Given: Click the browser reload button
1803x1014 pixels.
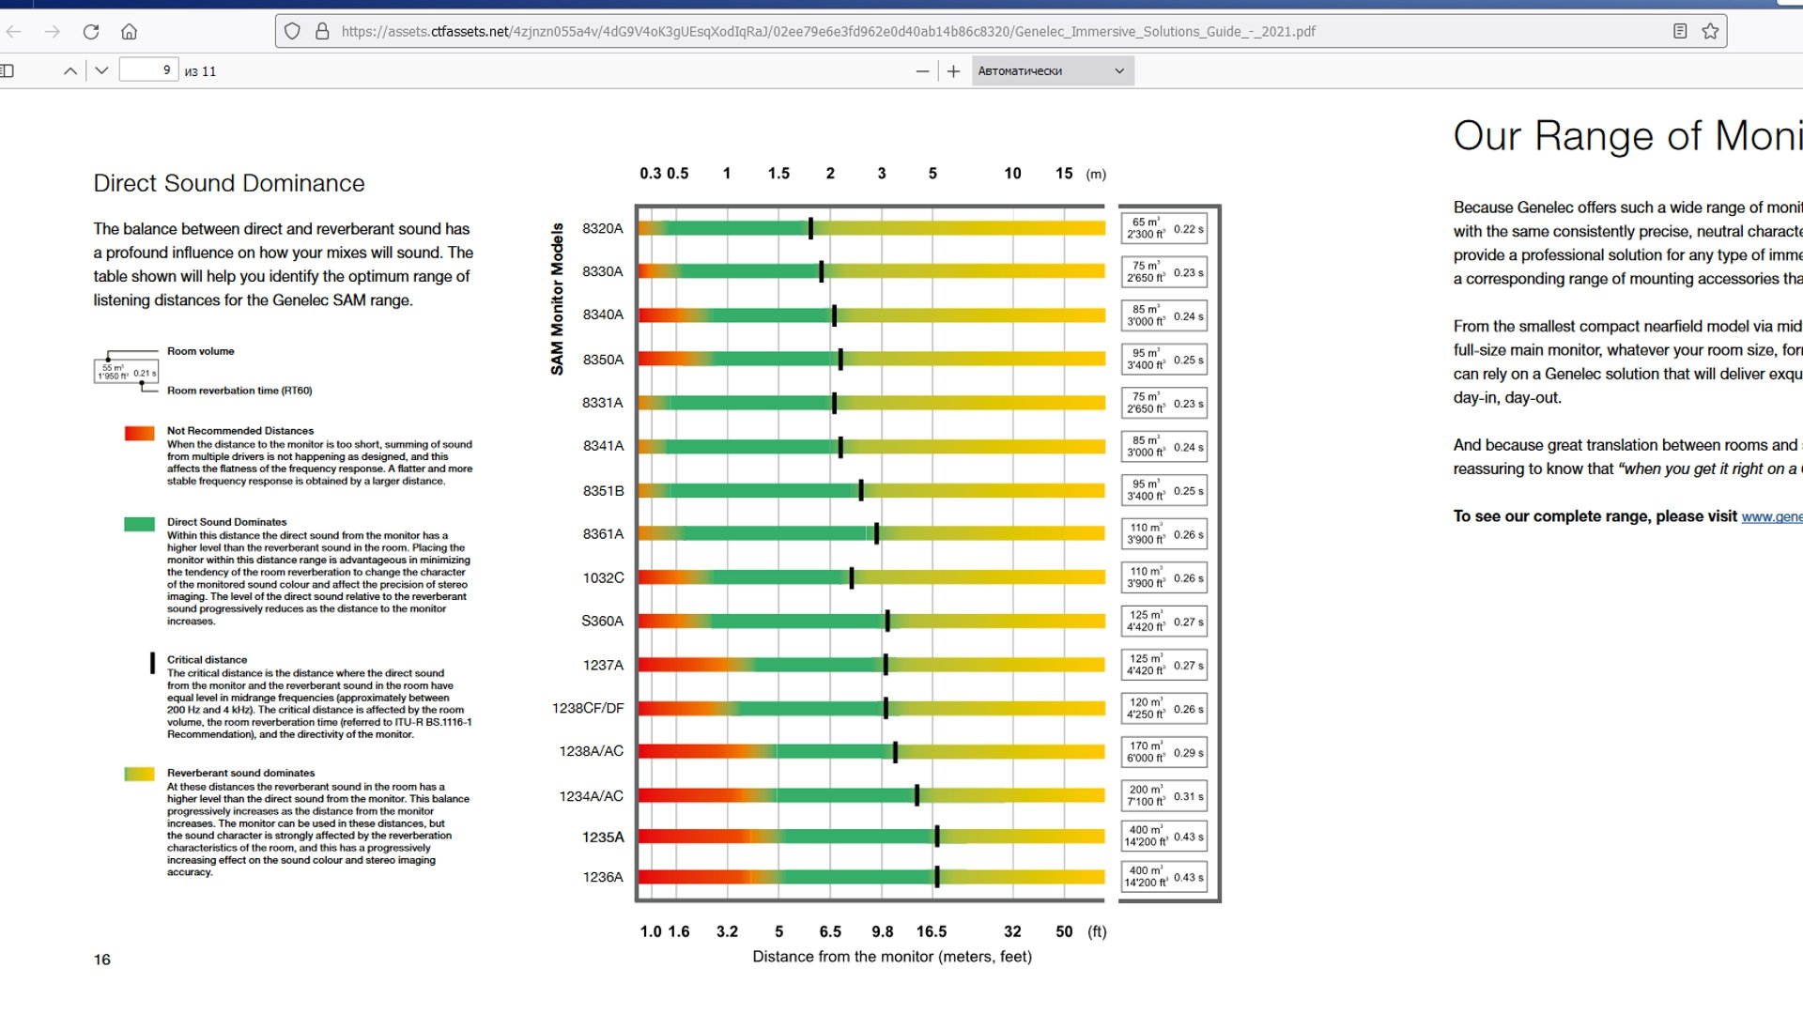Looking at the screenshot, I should click(91, 32).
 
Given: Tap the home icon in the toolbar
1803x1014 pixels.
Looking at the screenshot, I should click(130, 32).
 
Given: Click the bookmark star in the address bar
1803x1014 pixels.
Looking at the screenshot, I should click(1710, 31).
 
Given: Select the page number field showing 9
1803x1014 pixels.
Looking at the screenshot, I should click(149, 70).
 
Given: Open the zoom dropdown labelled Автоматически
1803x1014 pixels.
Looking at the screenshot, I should click(1052, 70).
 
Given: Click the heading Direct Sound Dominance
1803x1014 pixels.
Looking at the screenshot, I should click(228, 183).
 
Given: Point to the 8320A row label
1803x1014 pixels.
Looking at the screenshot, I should click(602, 228).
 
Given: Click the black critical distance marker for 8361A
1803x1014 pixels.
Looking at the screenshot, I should click(876, 533).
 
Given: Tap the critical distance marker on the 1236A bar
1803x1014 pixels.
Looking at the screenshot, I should click(936, 877).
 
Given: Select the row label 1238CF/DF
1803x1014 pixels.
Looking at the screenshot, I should click(588, 708).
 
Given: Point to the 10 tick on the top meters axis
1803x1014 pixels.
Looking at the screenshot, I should click(1012, 174).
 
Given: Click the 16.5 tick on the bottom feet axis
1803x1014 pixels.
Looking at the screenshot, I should click(931, 931).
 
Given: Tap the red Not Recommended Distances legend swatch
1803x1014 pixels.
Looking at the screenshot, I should click(139, 433).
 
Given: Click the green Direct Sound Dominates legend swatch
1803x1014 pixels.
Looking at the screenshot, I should click(139, 524).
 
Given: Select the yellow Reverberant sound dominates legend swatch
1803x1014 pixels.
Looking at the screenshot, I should click(139, 775).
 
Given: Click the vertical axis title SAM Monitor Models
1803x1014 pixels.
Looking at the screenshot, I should click(557, 299).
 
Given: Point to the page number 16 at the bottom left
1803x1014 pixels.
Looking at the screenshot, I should click(102, 960).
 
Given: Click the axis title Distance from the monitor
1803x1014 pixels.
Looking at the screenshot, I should click(891, 957).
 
